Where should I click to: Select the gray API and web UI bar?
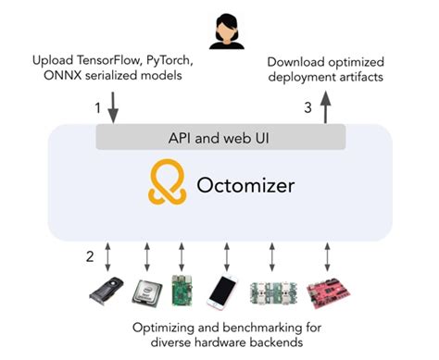click(220, 138)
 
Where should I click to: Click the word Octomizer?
click(245, 185)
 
